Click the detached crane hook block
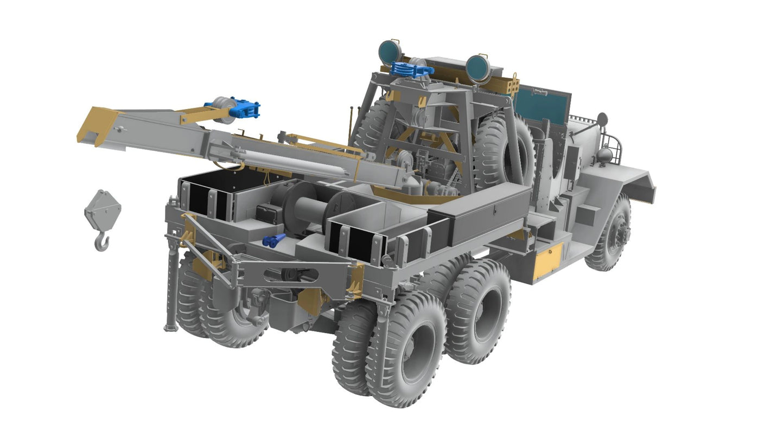[x=103, y=217]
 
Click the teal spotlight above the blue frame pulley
[x=390, y=51]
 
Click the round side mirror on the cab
[x=602, y=119]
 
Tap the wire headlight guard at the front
[x=619, y=145]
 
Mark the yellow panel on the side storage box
[x=547, y=260]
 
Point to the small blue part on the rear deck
[x=273, y=240]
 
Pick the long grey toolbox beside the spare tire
[x=480, y=212]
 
